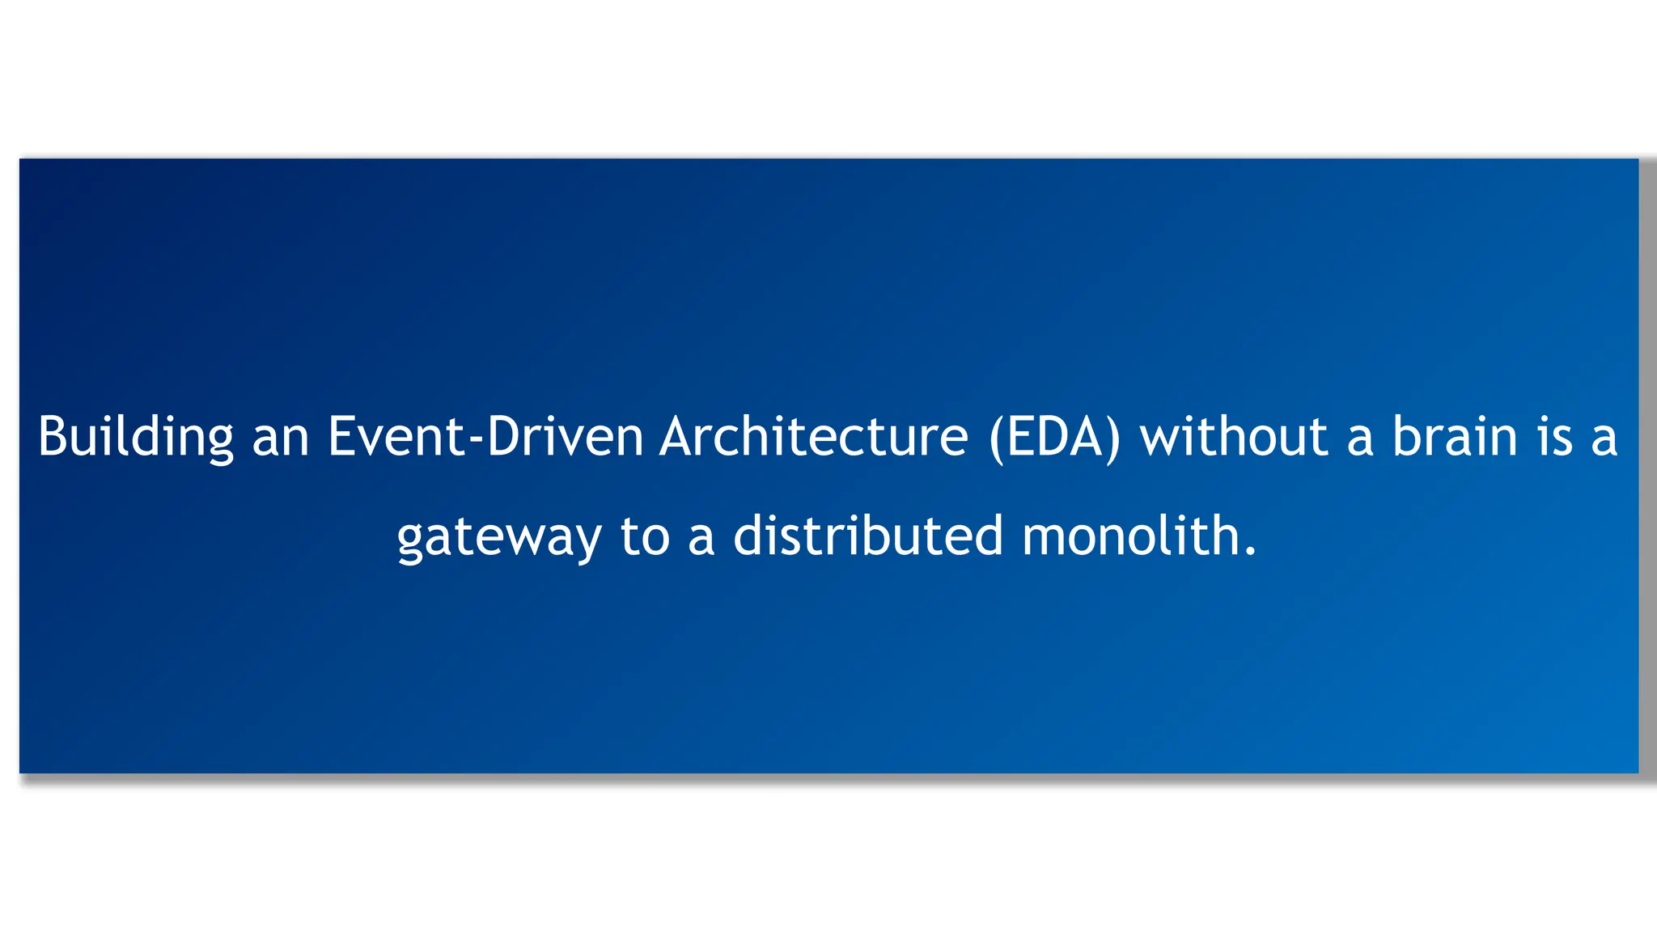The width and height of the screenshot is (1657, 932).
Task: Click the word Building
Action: click(135, 438)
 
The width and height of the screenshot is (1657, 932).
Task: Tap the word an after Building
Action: click(281, 438)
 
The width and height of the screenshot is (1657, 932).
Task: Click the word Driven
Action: click(565, 437)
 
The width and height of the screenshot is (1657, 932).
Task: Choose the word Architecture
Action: click(813, 437)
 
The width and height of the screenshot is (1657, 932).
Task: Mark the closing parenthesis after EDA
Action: click(1113, 438)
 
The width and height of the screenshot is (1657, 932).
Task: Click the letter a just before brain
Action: click(1360, 438)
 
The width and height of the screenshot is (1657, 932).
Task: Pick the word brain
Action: click(1454, 437)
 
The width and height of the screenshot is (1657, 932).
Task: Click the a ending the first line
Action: click(1604, 438)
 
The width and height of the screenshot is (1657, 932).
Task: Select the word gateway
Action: click(498, 537)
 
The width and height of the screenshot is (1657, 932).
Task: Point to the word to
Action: click(645, 537)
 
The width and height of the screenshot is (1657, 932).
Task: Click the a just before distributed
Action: click(701, 537)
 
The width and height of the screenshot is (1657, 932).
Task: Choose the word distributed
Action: click(867, 536)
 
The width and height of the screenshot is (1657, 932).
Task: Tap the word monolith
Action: click(1130, 536)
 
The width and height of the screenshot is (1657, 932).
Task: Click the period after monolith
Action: click(1251, 553)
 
